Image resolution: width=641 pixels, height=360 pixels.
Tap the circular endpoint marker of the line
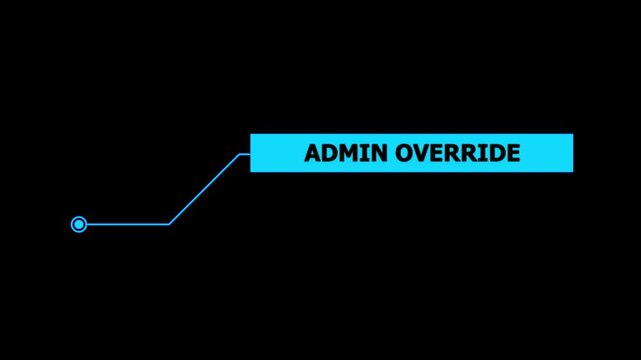[79, 224]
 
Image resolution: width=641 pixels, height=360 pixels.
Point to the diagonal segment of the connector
[204, 189]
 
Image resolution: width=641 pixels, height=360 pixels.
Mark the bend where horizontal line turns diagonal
[169, 224]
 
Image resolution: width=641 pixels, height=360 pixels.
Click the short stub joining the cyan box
[244, 154]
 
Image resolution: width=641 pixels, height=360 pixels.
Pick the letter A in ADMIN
[312, 153]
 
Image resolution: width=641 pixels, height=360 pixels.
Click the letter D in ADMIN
[329, 153]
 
